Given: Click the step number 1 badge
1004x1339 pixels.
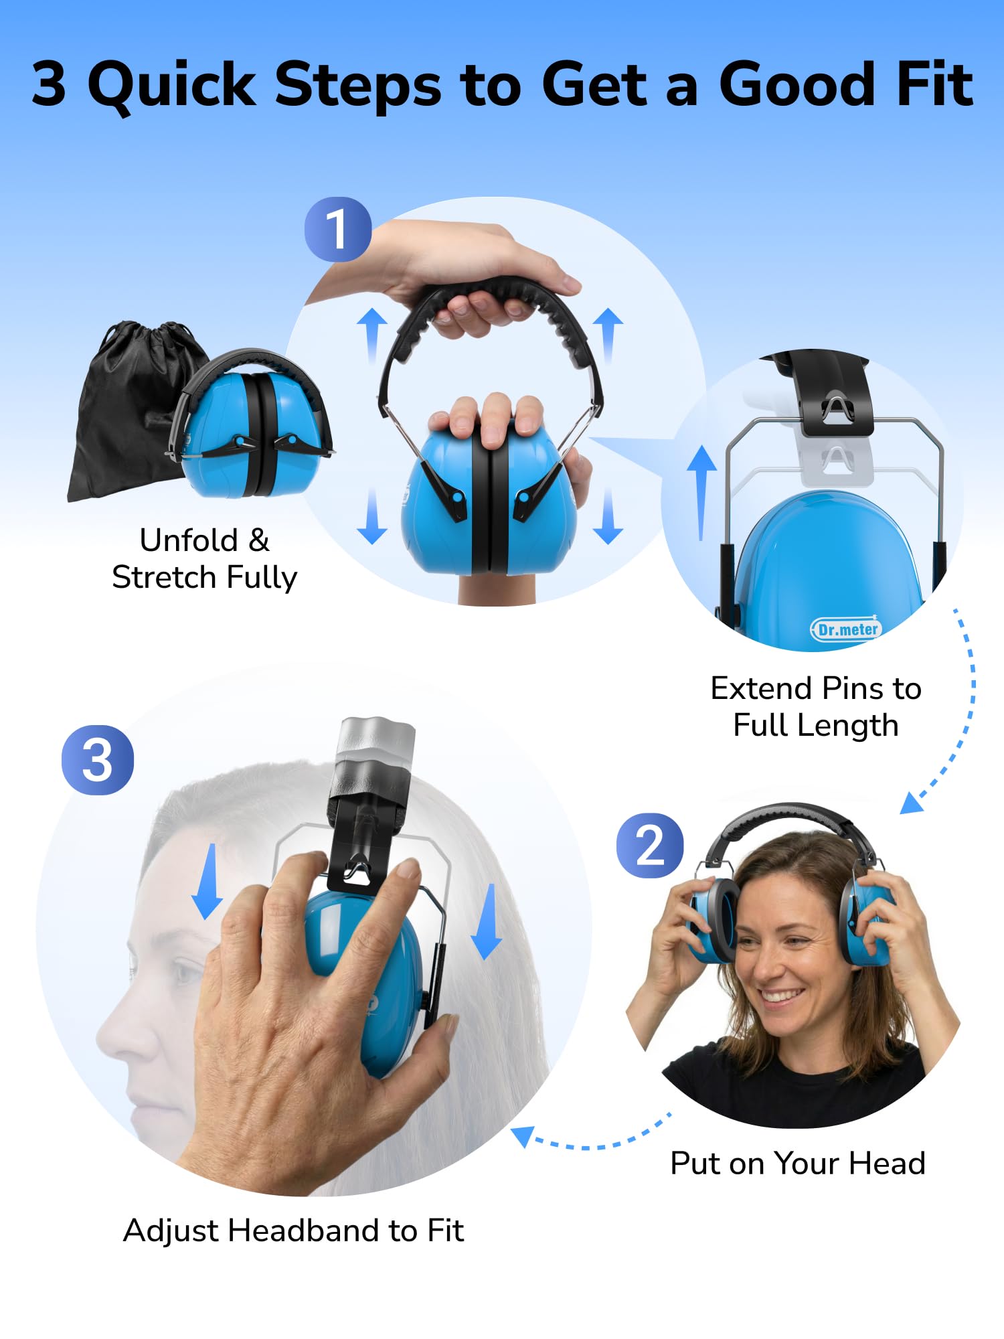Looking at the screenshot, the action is [337, 229].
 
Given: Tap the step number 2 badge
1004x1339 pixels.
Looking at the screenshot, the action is [649, 846].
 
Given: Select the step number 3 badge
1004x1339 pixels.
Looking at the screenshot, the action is [98, 760].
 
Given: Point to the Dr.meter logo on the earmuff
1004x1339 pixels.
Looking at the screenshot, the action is [846, 629].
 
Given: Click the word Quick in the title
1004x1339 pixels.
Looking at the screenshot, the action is [171, 86].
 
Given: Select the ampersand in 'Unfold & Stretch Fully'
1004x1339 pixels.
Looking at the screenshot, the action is [258, 540].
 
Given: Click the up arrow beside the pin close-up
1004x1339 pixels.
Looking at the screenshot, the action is [701, 492].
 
